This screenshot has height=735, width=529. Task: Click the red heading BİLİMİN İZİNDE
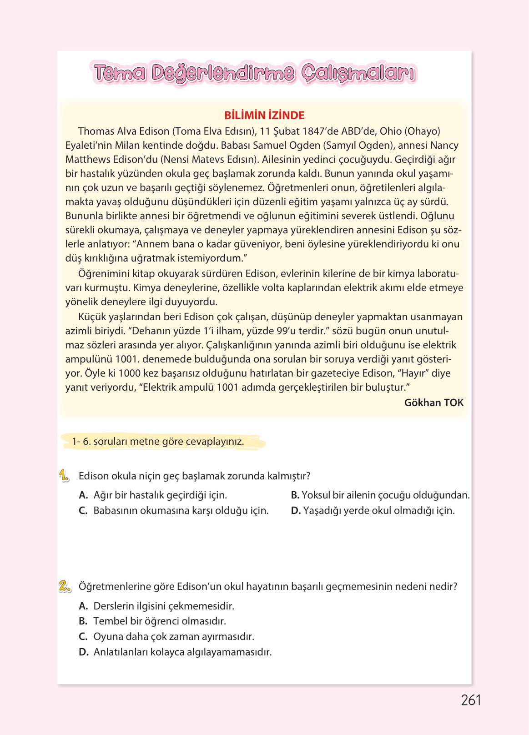coord(264,116)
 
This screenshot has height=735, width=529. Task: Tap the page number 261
coord(471,700)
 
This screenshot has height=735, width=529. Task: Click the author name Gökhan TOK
coord(433,403)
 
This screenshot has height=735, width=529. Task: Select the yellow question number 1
coord(64,476)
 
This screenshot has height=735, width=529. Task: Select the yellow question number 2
coord(65,587)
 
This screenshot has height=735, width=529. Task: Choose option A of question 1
coord(153,495)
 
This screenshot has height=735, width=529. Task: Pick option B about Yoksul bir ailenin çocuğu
coord(380,495)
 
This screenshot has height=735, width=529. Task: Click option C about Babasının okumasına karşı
coord(173,511)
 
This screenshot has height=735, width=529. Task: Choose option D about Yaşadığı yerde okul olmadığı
coord(373,511)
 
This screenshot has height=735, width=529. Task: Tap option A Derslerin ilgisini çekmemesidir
coord(156,606)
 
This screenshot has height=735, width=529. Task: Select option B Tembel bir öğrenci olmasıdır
coord(152,621)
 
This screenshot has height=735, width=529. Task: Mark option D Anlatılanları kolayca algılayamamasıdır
coord(175,652)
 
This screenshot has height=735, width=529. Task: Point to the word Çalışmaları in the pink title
coord(358,73)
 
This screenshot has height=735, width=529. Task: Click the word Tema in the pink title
coord(120,73)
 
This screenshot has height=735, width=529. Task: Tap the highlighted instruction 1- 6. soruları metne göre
coord(158,442)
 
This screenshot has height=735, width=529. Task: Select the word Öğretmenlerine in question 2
coord(111,587)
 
